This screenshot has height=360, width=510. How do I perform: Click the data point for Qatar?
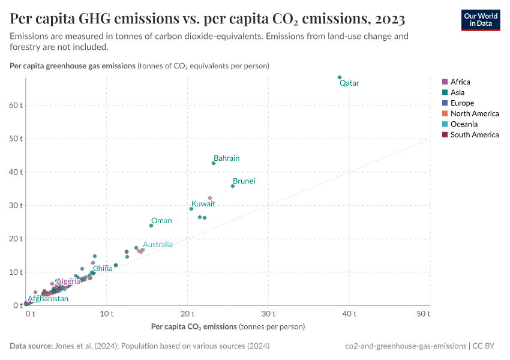click(x=340, y=77)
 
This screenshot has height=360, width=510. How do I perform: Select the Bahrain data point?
click(x=214, y=163)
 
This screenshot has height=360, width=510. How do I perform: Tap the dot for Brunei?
click(x=233, y=186)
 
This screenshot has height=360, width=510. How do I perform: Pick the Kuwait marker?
click(x=191, y=209)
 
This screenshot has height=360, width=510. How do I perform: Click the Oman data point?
click(x=151, y=226)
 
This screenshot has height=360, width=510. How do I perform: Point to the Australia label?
click(x=157, y=244)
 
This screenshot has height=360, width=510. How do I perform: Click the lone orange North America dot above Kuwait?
click(x=210, y=198)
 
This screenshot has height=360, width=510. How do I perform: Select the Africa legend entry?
click(x=460, y=82)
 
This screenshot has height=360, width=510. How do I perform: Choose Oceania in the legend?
click(x=464, y=124)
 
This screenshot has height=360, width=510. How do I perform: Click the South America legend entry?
click(x=474, y=134)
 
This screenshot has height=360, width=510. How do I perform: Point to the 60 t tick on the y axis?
click(x=16, y=105)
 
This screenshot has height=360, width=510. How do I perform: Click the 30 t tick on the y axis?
click(x=16, y=205)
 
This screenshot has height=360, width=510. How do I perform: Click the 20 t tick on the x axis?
click(x=188, y=314)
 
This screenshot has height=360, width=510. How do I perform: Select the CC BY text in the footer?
click(x=488, y=346)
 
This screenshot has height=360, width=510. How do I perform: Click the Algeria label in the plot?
click(x=68, y=281)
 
